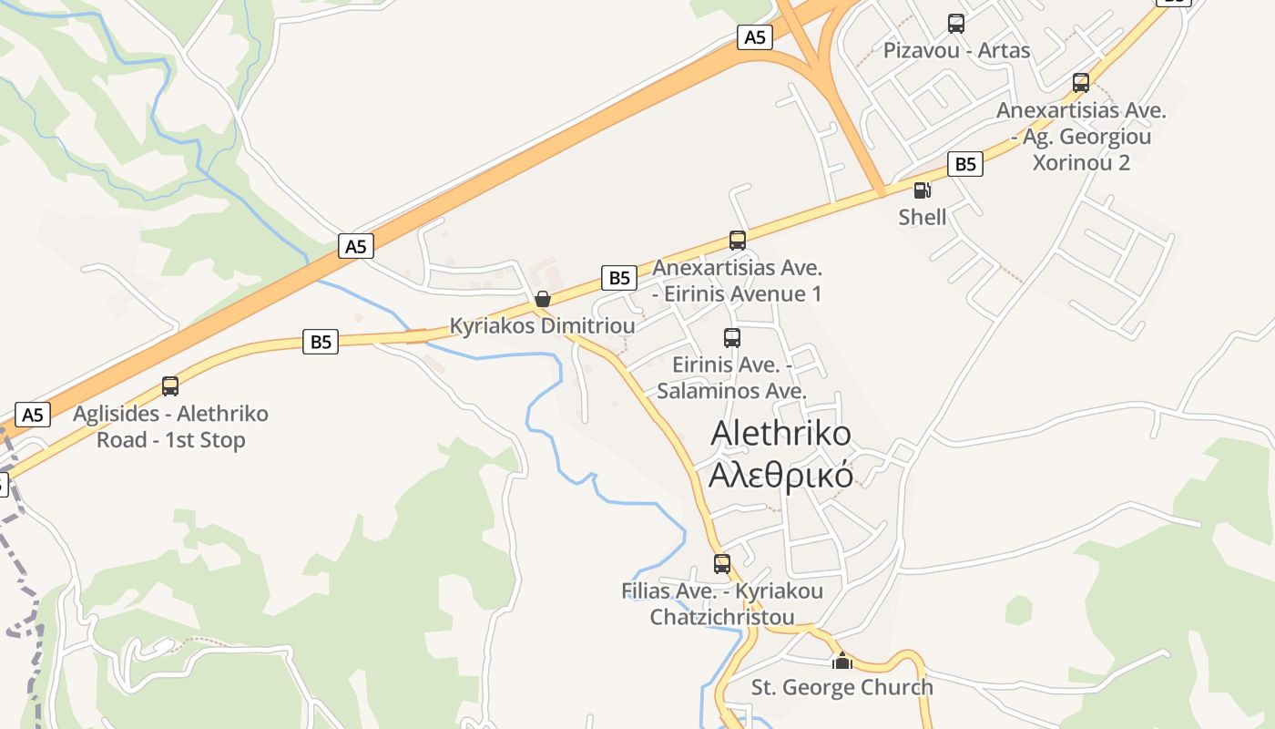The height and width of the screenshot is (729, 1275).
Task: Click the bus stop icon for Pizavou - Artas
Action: click(x=955, y=24)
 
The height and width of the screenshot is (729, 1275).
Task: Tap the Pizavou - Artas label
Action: click(x=956, y=50)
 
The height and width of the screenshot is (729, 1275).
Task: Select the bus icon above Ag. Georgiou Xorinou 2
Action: click(x=1081, y=83)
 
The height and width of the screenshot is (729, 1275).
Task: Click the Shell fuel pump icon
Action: click(x=922, y=190)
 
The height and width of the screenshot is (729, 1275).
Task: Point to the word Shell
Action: click(x=922, y=217)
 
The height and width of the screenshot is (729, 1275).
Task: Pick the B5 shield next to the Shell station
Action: click(x=965, y=164)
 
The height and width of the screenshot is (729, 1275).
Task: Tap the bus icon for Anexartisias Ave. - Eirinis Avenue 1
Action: click(x=738, y=241)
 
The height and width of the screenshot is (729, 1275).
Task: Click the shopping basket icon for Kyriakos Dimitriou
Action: click(x=543, y=299)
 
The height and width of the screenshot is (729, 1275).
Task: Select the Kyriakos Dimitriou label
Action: click(x=543, y=325)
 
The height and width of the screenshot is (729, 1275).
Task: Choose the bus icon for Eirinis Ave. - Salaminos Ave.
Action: click(x=731, y=338)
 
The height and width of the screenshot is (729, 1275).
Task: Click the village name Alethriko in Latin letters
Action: click(x=780, y=433)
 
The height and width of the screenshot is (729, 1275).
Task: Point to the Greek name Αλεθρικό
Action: click(x=780, y=475)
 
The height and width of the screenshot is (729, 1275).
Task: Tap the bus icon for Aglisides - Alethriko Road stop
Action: click(x=170, y=386)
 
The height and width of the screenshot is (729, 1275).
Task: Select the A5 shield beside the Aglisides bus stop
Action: click(x=32, y=415)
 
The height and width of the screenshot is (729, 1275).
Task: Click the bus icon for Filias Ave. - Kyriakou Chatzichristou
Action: click(x=722, y=564)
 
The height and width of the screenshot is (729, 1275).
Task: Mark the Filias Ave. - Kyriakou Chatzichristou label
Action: click(x=722, y=603)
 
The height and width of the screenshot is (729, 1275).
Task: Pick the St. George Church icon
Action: click(x=842, y=661)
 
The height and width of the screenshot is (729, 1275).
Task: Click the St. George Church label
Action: click(x=842, y=687)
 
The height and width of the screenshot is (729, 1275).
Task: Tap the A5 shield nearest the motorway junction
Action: click(x=755, y=37)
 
